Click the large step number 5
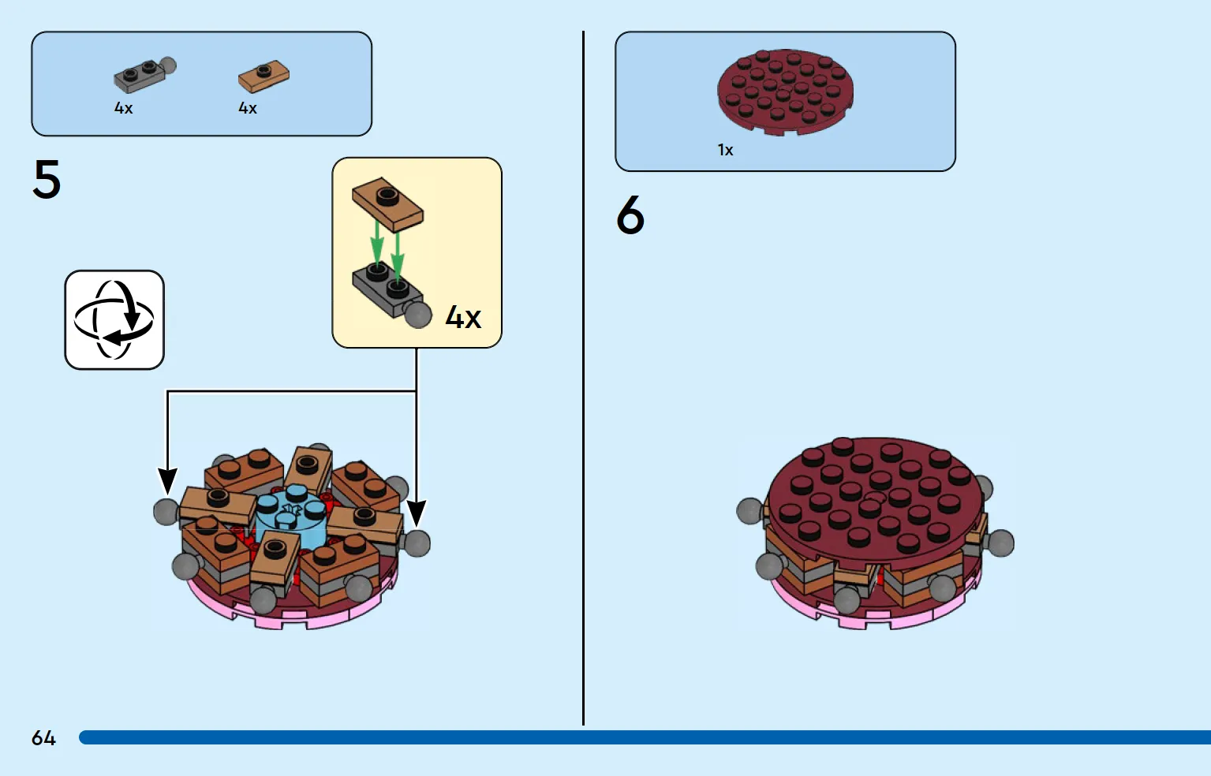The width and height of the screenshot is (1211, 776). pyautogui.click(x=47, y=179)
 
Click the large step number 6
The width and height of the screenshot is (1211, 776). pyautogui.click(x=630, y=215)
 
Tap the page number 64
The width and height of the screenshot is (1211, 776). pyautogui.click(x=44, y=737)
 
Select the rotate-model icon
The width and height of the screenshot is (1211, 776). pyautogui.click(x=114, y=320)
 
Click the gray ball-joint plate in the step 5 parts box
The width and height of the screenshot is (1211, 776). pyautogui.click(x=145, y=75)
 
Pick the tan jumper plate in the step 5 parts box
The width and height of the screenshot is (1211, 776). pyautogui.click(x=264, y=76)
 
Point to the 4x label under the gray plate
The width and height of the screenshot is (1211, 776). pyautogui.click(x=123, y=108)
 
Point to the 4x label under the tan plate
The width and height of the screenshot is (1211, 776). pyautogui.click(x=248, y=108)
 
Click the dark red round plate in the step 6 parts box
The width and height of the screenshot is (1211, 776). pyautogui.click(x=786, y=92)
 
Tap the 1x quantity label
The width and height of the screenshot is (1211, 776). pyautogui.click(x=726, y=150)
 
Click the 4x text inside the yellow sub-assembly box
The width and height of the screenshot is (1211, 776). pyautogui.click(x=463, y=317)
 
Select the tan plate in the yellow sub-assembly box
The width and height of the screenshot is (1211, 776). pyautogui.click(x=387, y=205)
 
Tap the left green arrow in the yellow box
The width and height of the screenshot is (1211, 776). pyautogui.click(x=377, y=242)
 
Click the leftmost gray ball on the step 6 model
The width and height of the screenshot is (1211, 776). pyautogui.click(x=749, y=511)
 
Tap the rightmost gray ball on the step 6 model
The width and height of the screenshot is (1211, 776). pyautogui.click(x=1000, y=543)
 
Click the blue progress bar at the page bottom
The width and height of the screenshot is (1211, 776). pyautogui.click(x=645, y=737)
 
